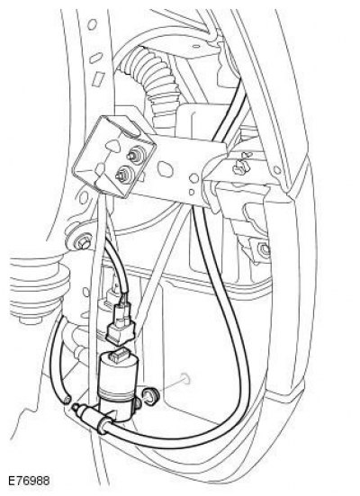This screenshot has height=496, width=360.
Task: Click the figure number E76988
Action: click(29, 482)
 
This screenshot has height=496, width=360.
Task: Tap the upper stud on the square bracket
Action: click(134, 155)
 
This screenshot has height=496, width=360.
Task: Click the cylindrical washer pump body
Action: click(116, 383)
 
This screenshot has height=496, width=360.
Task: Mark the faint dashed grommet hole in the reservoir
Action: click(184, 379)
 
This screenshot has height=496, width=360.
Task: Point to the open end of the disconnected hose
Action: click(67, 400)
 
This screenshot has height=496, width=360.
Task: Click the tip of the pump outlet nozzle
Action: click(75, 408)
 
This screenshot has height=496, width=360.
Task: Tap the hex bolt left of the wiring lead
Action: click(83, 243)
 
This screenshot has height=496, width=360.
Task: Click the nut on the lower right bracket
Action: click(263, 249)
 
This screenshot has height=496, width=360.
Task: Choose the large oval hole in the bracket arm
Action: click(165, 168)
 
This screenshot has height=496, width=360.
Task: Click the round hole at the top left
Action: click(92, 24)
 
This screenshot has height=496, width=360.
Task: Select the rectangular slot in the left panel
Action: click(99, 78)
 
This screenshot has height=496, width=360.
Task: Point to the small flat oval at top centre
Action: click(196, 46)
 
